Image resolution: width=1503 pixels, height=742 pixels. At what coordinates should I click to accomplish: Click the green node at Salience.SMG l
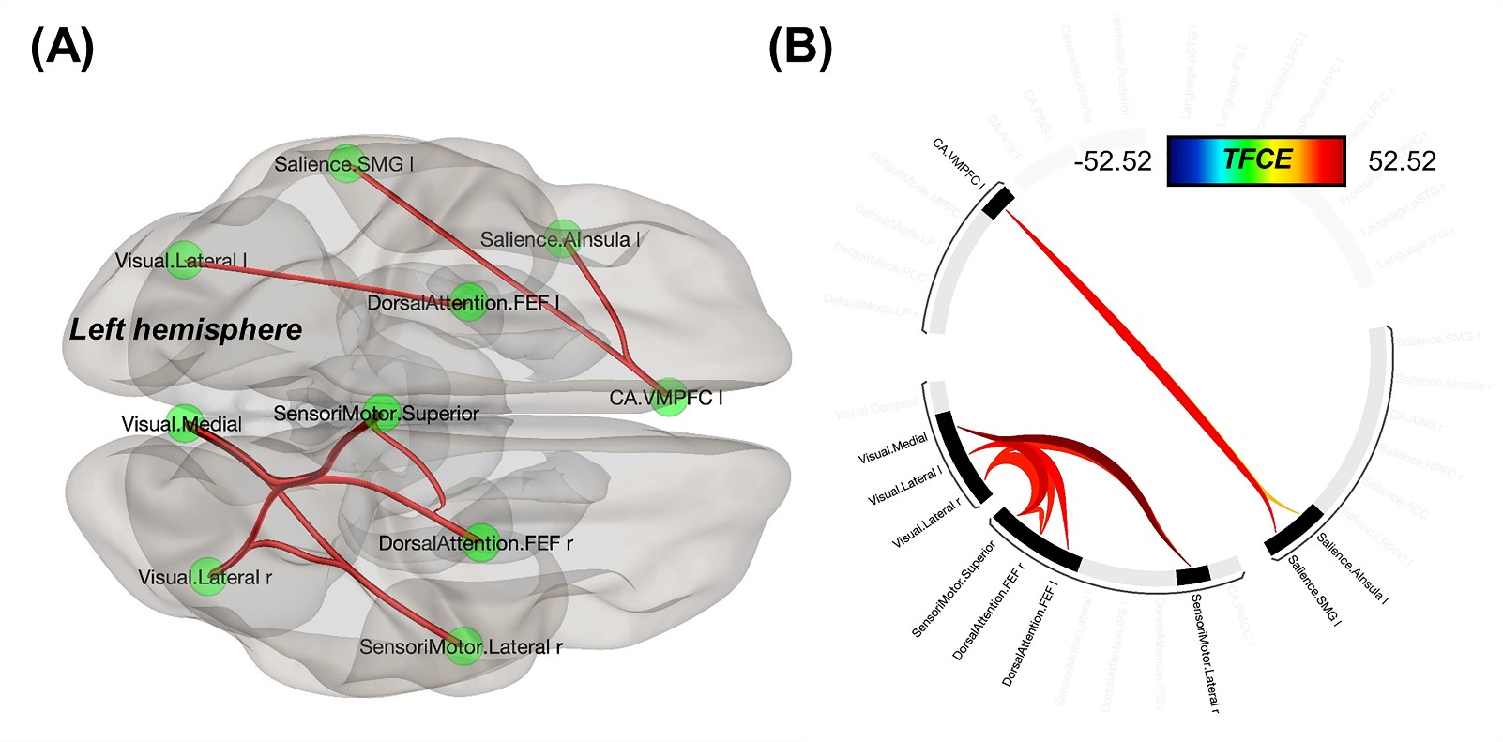tap(346, 163)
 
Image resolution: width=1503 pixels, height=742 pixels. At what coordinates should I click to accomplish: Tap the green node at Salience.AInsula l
tap(563, 238)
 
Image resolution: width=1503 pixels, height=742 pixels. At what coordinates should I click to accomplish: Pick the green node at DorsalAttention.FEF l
tap(467, 302)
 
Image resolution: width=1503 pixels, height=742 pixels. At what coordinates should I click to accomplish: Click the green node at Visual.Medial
tap(185, 423)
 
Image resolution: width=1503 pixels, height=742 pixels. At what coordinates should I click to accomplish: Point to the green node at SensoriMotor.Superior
tap(382, 413)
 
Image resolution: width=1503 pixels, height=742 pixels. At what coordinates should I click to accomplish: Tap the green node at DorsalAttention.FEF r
tap(479, 542)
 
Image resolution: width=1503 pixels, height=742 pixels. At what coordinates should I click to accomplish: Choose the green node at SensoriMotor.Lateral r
tap(463, 646)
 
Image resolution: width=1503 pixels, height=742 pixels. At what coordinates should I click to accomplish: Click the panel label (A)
tap(62, 47)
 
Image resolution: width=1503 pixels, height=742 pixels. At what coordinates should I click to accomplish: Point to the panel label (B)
tap(799, 47)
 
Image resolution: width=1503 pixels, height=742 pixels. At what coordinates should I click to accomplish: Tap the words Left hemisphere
tap(186, 329)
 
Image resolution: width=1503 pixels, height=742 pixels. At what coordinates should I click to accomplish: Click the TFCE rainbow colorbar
tap(1256, 160)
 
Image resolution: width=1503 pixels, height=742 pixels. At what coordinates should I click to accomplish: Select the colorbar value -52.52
tap(1112, 161)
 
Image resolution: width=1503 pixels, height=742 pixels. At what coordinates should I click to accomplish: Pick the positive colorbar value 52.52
tap(1402, 161)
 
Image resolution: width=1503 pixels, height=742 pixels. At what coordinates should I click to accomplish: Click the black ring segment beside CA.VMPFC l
tap(998, 203)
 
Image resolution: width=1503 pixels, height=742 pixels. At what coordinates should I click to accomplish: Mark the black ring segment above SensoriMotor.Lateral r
tap(1193, 576)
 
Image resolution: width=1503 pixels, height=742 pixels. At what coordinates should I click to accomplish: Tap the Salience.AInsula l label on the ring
tap(1351, 568)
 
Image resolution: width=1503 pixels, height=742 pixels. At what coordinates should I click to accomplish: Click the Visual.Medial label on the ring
tap(892, 448)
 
